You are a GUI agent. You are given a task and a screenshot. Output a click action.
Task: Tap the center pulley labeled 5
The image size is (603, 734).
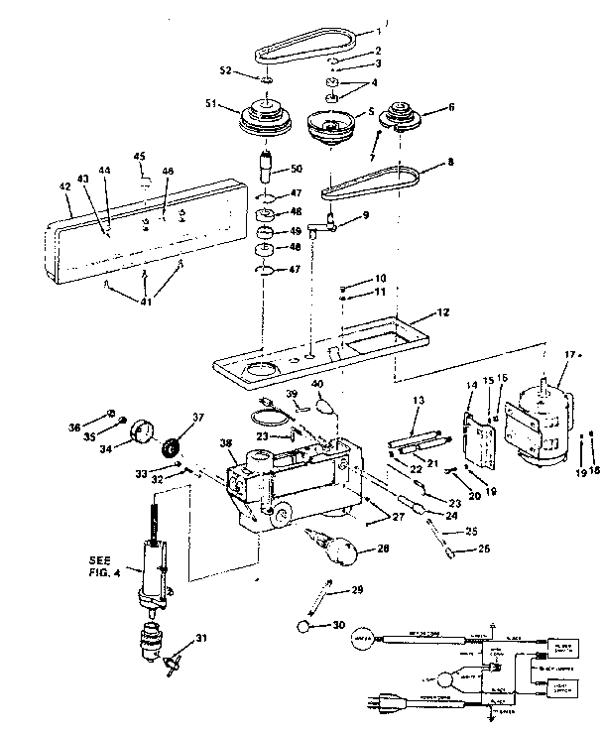pos(335,126)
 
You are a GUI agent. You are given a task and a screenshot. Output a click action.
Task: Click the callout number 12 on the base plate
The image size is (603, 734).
pos(443,313)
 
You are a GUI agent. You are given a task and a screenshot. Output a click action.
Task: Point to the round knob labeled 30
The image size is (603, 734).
pos(305,627)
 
